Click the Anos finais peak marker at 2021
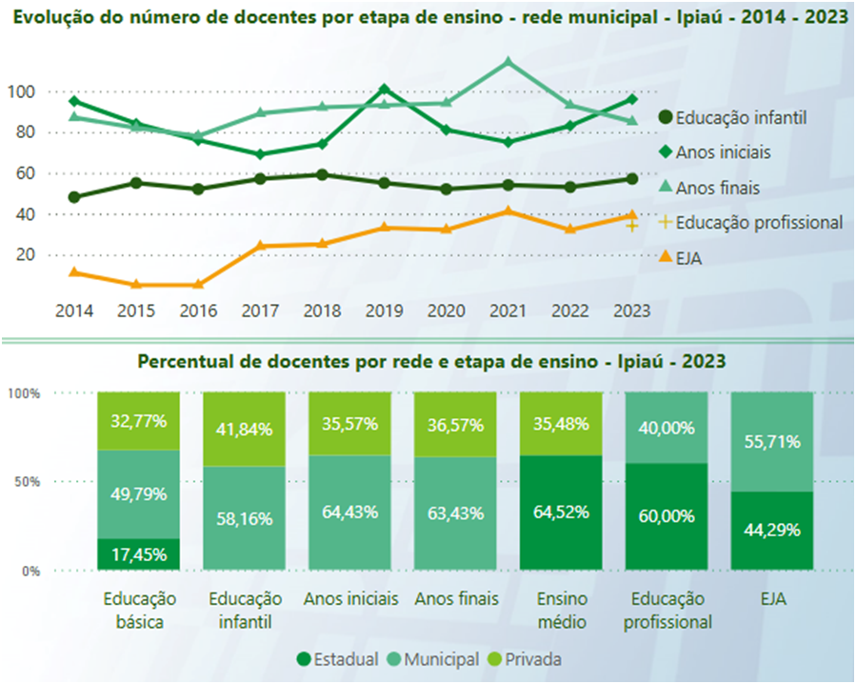click(x=508, y=63)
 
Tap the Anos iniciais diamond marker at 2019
click(x=384, y=90)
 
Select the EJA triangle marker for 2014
click(x=74, y=272)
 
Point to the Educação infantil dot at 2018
click(x=323, y=175)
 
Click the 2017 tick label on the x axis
click(x=260, y=311)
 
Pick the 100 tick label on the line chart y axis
click(x=21, y=91)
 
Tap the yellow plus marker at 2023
click(x=630, y=226)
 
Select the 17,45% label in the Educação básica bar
click(x=139, y=554)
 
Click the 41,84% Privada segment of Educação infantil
click(x=244, y=429)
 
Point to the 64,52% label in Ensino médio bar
click(x=560, y=513)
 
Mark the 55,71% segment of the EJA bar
click(x=770, y=442)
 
